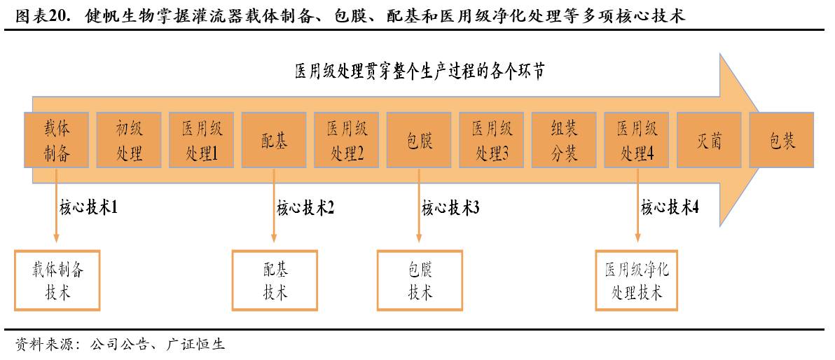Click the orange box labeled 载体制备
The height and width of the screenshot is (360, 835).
(x=57, y=140)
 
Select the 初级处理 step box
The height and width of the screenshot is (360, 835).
(x=130, y=140)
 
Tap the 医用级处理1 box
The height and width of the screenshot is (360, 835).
(x=202, y=140)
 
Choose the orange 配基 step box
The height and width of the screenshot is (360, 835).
(x=274, y=140)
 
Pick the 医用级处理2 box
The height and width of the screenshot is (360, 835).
(x=347, y=140)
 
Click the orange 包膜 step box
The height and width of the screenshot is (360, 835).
(x=419, y=140)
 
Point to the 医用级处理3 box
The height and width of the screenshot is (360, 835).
(x=492, y=140)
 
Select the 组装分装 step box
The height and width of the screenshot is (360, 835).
(x=564, y=140)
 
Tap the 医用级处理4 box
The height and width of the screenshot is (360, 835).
(x=637, y=140)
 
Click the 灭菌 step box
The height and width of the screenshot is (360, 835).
(x=709, y=140)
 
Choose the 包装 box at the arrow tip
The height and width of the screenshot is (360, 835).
(x=782, y=140)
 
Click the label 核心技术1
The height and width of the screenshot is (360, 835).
(x=88, y=207)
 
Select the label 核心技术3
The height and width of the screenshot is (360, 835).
(x=450, y=207)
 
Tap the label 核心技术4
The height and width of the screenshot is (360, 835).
(x=670, y=207)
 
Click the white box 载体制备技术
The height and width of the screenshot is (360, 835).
(x=57, y=280)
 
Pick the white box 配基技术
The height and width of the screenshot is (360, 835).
(x=275, y=280)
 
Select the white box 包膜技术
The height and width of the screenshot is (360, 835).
(x=420, y=280)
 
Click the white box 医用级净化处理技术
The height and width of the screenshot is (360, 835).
(x=637, y=280)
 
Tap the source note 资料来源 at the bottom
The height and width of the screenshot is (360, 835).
(x=119, y=345)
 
